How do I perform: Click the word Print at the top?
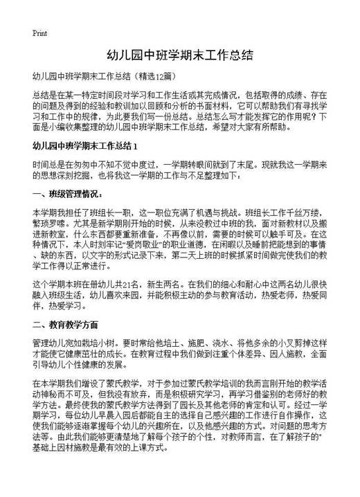tap(39, 33)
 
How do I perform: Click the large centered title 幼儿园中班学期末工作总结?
tap(179, 55)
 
